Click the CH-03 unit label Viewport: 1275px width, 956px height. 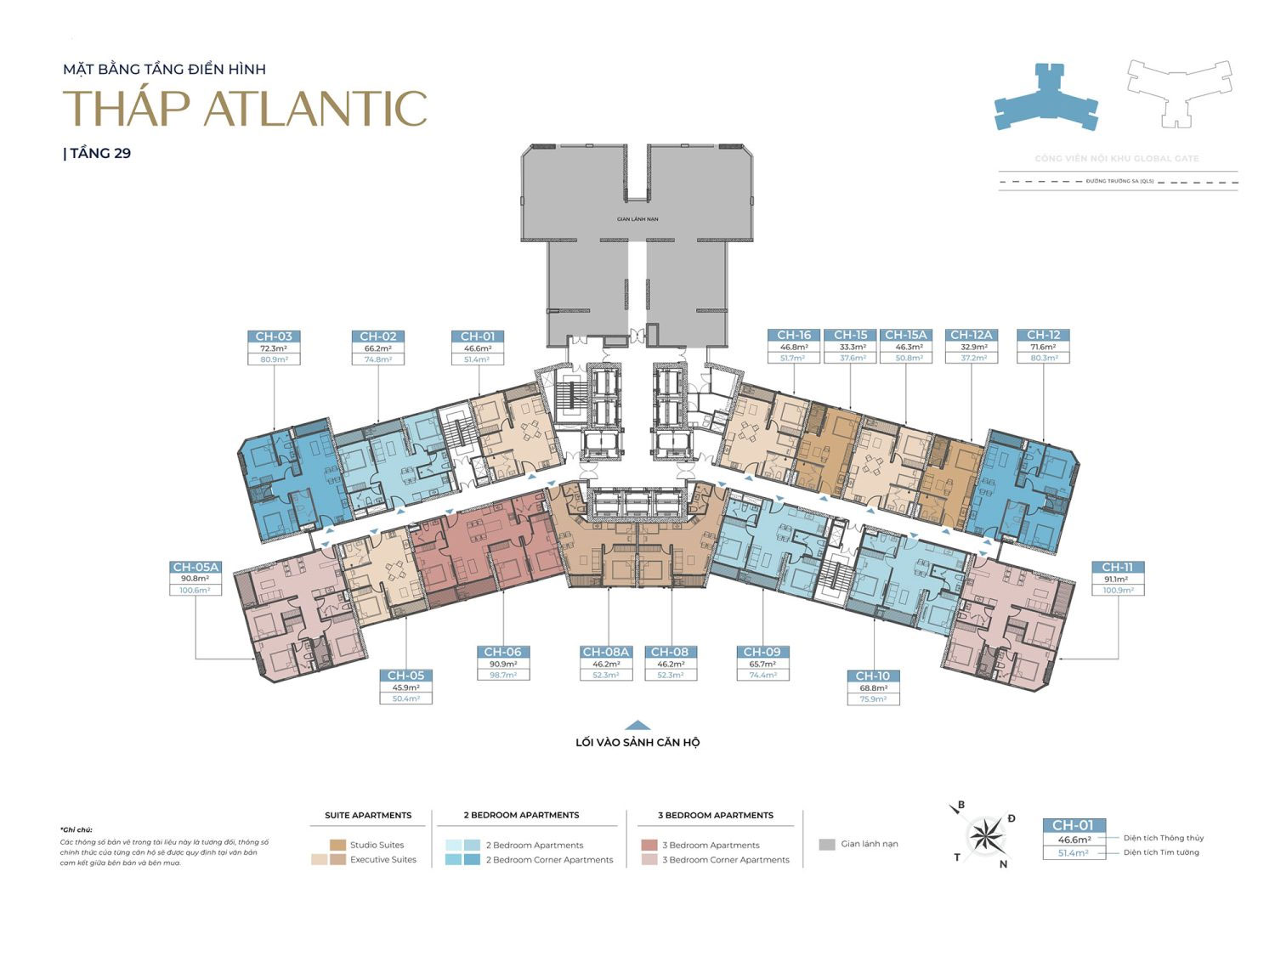pyautogui.click(x=274, y=337)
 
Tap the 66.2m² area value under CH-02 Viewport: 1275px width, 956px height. pyautogui.click(x=378, y=348)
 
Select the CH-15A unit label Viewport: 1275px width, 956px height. pyautogui.click(x=905, y=335)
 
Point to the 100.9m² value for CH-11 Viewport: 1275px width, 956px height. pyautogui.click(x=1118, y=590)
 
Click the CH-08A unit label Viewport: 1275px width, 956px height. pyautogui.click(x=606, y=652)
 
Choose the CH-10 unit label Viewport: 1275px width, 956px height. pyautogui.click(x=873, y=676)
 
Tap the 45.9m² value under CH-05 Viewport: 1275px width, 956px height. pyautogui.click(x=405, y=687)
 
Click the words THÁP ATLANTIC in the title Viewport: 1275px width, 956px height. pyautogui.click(x=245, y=108)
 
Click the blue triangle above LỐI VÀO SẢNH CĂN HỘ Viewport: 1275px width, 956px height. pyautogui.click(x=637, y=726)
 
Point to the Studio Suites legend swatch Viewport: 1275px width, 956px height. pyautogui.click(x=337, y=845)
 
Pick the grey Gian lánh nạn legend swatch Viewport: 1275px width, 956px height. pyautogui.click(x=827, y=845)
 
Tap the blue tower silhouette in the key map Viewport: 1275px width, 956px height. pyautogui.click(x=1045, y=98)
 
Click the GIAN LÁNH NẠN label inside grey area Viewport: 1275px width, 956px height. pyautogui.click(x=637, y=219)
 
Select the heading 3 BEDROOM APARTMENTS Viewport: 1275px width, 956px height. pyautogui.click(x=716, y=815)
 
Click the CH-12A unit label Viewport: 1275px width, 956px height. pyautogui.click(x=972, y=335)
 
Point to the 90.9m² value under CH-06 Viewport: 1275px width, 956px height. pyautogui.click(x=503, y=664)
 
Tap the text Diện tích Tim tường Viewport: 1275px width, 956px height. pyautogui.click(x=1161, y=852)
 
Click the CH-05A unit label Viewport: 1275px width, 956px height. pyautogui.click(x=195, y=567)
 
